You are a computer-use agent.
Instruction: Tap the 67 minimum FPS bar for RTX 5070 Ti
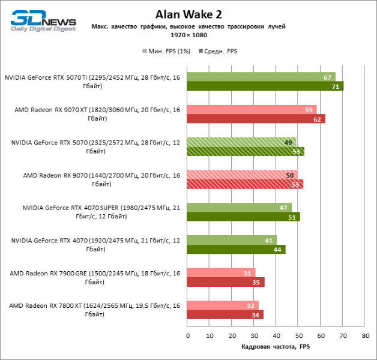(261, 77)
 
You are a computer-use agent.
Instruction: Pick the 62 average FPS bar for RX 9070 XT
(256, 119)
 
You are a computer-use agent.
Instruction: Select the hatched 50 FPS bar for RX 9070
(243, 175)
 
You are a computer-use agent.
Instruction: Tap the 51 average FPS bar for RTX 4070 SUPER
(244, 217)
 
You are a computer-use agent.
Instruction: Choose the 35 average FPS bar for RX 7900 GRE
(226, 282)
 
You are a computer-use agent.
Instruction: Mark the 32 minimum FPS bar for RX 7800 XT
(223, 305)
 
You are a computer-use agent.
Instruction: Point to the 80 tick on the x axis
(364, 335)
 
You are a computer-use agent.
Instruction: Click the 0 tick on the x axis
(188, 335)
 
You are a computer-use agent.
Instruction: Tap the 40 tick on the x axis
(276, 335)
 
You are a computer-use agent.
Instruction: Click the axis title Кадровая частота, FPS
(276, 347)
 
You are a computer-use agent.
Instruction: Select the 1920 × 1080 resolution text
(188, 36)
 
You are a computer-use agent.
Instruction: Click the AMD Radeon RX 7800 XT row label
(94, 310)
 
